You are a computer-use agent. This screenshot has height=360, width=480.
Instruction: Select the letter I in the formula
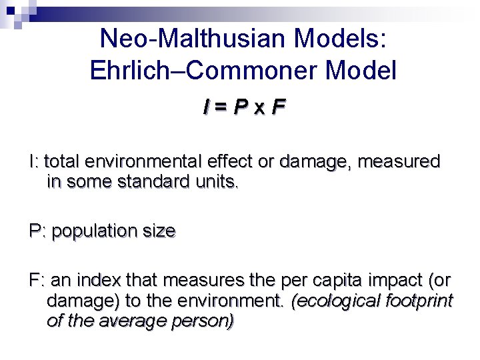pos(209,107)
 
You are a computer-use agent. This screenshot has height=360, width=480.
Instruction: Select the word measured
pos(399,161)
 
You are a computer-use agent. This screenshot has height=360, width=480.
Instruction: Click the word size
pos(159,231)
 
